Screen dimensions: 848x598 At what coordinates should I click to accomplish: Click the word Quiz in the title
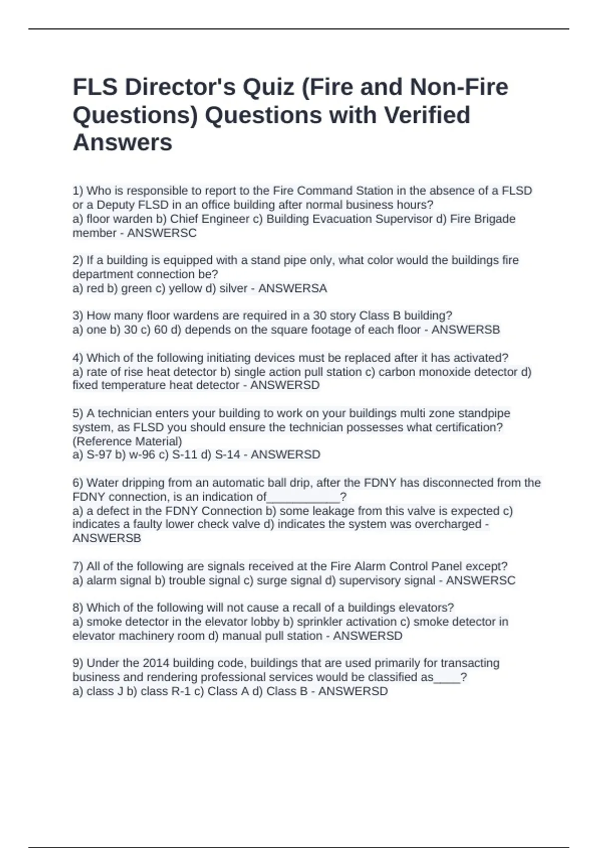(268, 88)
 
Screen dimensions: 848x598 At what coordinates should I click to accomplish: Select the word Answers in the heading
(123, 143)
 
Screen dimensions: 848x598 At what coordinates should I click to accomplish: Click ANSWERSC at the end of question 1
(162, 233)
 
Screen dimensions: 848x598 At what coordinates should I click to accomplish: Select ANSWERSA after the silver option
(293, 288)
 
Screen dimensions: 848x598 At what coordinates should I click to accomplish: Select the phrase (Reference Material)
(127, 441)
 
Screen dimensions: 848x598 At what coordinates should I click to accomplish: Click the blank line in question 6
(303, 497)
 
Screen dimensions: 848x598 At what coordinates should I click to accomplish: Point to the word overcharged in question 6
(451, 524)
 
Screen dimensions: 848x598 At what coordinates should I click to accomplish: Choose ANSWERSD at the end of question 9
(353, 691)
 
